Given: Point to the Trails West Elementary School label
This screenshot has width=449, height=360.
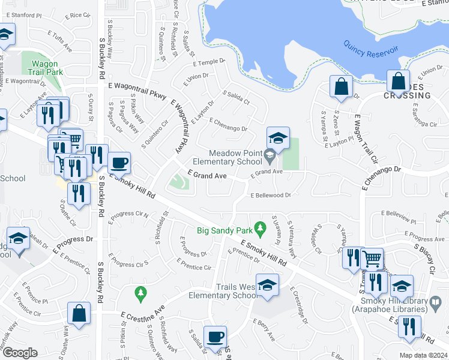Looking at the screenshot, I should coord(223,290).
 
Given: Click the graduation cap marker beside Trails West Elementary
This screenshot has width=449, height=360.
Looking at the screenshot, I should coord(267,286).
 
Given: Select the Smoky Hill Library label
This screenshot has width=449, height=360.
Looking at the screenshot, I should coord(393,305).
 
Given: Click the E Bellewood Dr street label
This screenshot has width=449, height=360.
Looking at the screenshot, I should coord(270,195).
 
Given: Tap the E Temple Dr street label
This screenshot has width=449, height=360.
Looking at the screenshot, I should coord(208,62).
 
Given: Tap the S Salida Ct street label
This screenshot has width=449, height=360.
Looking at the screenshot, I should coord(236,98).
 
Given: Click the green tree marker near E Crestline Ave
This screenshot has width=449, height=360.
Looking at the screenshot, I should coord(140,292).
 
